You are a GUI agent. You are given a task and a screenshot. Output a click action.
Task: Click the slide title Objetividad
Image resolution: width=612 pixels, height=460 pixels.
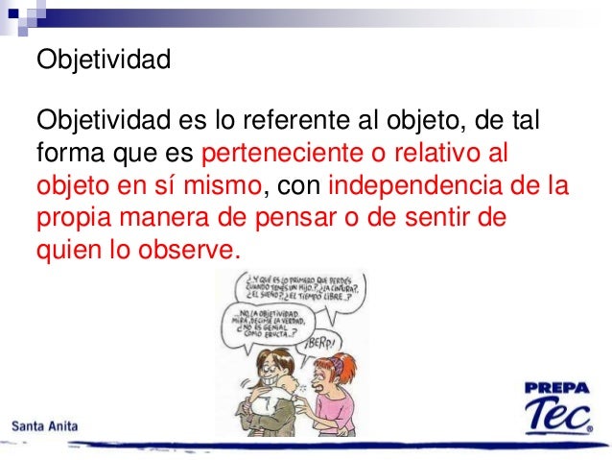[x=103, y=61]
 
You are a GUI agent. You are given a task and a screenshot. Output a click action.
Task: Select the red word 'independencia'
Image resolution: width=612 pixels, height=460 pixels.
[x=418, y=183]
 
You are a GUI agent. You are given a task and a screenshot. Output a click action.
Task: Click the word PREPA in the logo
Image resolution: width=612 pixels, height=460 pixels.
[x=557, y=388]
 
